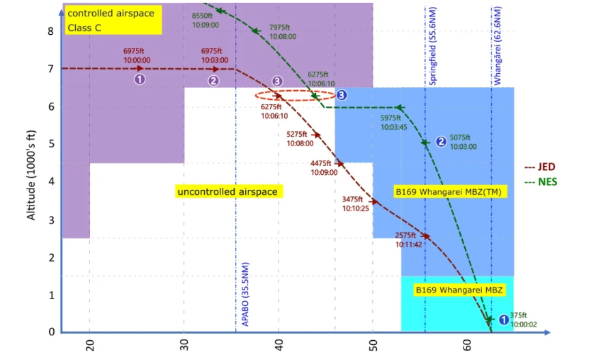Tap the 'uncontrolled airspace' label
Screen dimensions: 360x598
click(x=227, y=192)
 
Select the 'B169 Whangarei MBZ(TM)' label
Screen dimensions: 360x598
click(x=448, y=192)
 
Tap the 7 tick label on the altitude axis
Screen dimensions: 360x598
click(x=50, y=68)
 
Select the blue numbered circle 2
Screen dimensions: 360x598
click(x=441, y=141)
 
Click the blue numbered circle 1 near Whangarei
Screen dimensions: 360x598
click(x=503, y=319)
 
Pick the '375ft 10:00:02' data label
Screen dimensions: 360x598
click(x=519, y=320)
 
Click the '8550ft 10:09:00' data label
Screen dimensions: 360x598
click(x=204, y=20)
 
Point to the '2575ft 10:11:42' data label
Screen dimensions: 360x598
click(x=408, y=239)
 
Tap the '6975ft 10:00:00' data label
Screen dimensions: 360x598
click(x=137, y=55)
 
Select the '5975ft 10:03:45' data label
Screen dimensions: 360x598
click(x=393, y=122)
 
